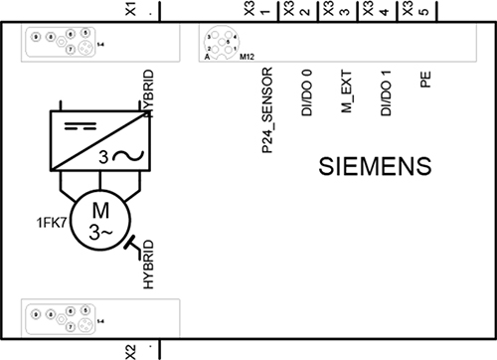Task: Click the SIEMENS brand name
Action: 374,165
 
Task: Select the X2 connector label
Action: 130,350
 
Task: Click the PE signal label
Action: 425,86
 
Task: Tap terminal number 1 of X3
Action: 264,16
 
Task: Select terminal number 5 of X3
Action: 424,16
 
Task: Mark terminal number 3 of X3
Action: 345,16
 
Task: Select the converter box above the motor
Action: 98,139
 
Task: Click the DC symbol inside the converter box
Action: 74,127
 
